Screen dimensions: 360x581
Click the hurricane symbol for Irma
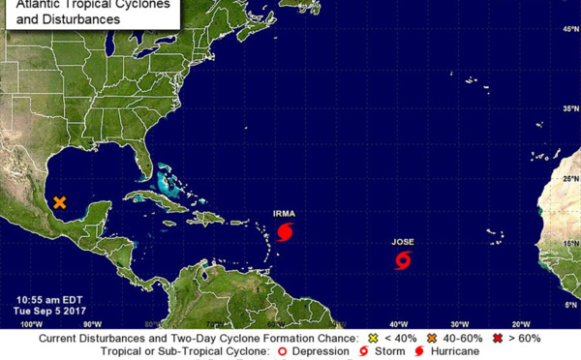(285, 231)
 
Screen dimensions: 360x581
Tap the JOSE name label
(404, 241)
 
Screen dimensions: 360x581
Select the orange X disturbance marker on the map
(60, 202)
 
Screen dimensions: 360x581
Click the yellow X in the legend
(374, 338)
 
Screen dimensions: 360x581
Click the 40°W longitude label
(397, 323)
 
